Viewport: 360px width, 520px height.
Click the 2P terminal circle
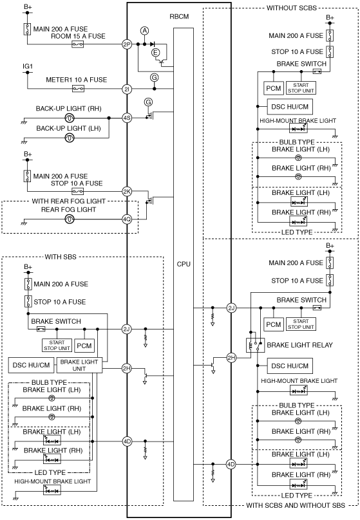(127, 44)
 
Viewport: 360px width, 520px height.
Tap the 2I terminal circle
(127, 89)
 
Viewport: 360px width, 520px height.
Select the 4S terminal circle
(127, 118)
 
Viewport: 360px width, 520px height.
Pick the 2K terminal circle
(127, 191)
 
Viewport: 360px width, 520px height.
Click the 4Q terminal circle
(127, 219)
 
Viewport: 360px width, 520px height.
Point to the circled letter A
(144, 31)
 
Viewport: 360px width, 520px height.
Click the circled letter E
(155, 52)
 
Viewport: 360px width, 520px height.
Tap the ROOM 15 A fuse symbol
(78, 44)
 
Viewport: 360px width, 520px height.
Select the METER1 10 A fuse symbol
(78, 89)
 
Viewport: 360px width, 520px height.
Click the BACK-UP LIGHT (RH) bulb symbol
(69, 118)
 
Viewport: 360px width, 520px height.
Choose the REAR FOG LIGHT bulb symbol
(69, 219)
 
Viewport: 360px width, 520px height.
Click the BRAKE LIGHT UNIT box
(79, 365)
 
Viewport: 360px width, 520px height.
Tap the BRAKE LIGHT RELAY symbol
(255, 345)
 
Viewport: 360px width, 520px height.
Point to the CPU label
(184, 264)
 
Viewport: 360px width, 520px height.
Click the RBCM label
(179, 17)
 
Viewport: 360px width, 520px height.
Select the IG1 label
(28, 66)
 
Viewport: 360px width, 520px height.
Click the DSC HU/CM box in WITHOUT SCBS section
(290, 107)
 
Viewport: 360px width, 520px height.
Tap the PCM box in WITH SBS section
(84, 346)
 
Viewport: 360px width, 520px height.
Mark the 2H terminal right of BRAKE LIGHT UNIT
(127, 369)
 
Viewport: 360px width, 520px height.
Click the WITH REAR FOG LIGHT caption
(69, 201)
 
